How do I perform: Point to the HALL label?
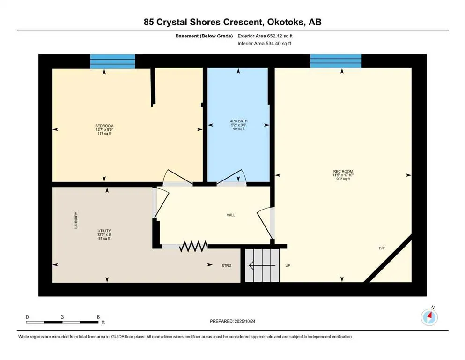230,215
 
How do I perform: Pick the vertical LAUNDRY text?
75,220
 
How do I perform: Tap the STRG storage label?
227,266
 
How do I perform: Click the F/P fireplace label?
382,248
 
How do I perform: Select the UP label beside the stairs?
288,266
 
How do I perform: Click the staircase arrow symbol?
262,266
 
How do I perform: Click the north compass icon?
429,317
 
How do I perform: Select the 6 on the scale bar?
98,317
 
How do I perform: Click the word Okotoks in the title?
287,22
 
